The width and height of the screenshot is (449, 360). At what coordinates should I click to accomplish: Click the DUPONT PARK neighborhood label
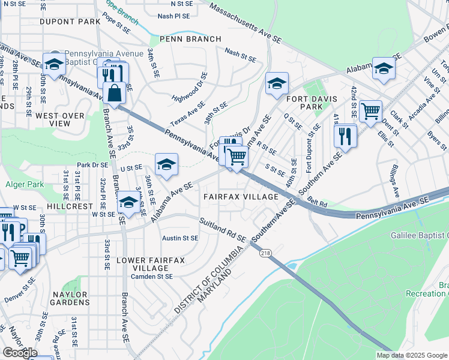(70, 22)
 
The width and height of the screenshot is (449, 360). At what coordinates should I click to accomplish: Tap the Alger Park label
(22, 185)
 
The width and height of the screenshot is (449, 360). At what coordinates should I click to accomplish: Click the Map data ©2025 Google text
(411, 355)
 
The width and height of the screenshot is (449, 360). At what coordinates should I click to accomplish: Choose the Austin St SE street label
(181, 238)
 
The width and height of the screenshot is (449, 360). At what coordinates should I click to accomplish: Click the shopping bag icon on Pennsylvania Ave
(113, 93)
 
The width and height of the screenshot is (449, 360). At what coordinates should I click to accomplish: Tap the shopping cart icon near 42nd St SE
(370, 110)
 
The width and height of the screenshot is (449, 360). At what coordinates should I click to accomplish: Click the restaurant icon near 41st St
(346, 135)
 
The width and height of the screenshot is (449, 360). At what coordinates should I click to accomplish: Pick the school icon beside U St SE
(166, 164)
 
